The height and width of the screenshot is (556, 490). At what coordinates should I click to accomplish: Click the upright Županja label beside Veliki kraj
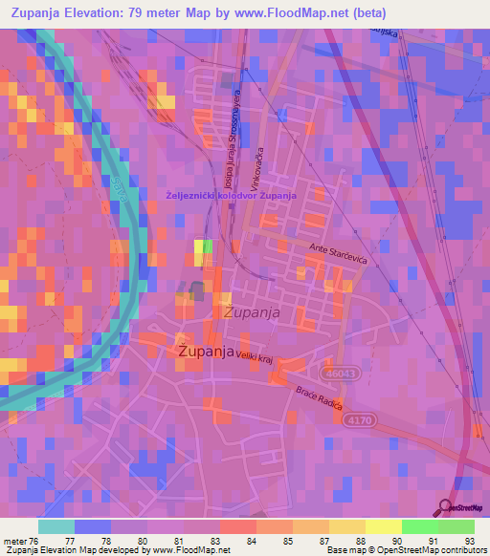[x=207, y=352]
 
